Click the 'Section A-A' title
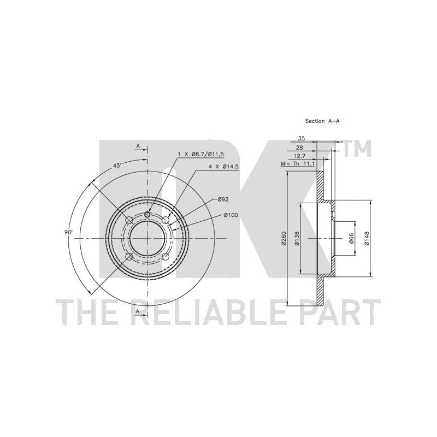coord(322,121)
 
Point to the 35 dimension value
coord(302,138)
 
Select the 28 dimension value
coord(299,147)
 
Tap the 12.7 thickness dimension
coord(298,156)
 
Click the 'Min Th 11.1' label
coord(298,164)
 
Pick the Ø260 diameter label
coord(284,238)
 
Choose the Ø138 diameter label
coord(297,238)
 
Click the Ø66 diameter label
coord(351,238)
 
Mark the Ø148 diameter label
coord(366,238)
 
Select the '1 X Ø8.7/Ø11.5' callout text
coord(201,154)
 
